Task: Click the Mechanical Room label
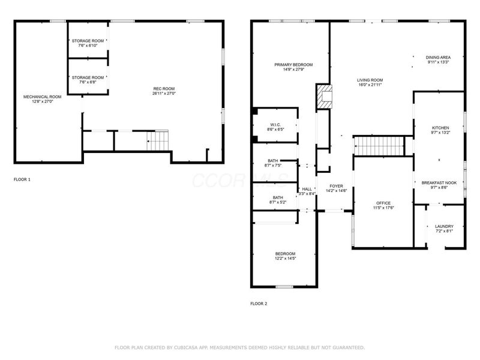pos(42,99)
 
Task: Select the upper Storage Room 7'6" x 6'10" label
pos(88,43)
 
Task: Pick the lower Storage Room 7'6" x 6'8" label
pos(88,80)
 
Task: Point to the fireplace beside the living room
pos(324,97)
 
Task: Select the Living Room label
pos(370,82)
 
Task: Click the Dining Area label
pos(438,59)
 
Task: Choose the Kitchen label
pos(440,130)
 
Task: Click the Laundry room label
pos(444,229)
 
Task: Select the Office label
pos(383,206)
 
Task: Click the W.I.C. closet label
pos(276,127)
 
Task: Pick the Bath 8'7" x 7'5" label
pos(273,163)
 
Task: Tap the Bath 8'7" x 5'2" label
pos(278,200)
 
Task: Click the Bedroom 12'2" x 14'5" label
pos(285,256)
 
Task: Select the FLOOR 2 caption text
pos(259,304)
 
